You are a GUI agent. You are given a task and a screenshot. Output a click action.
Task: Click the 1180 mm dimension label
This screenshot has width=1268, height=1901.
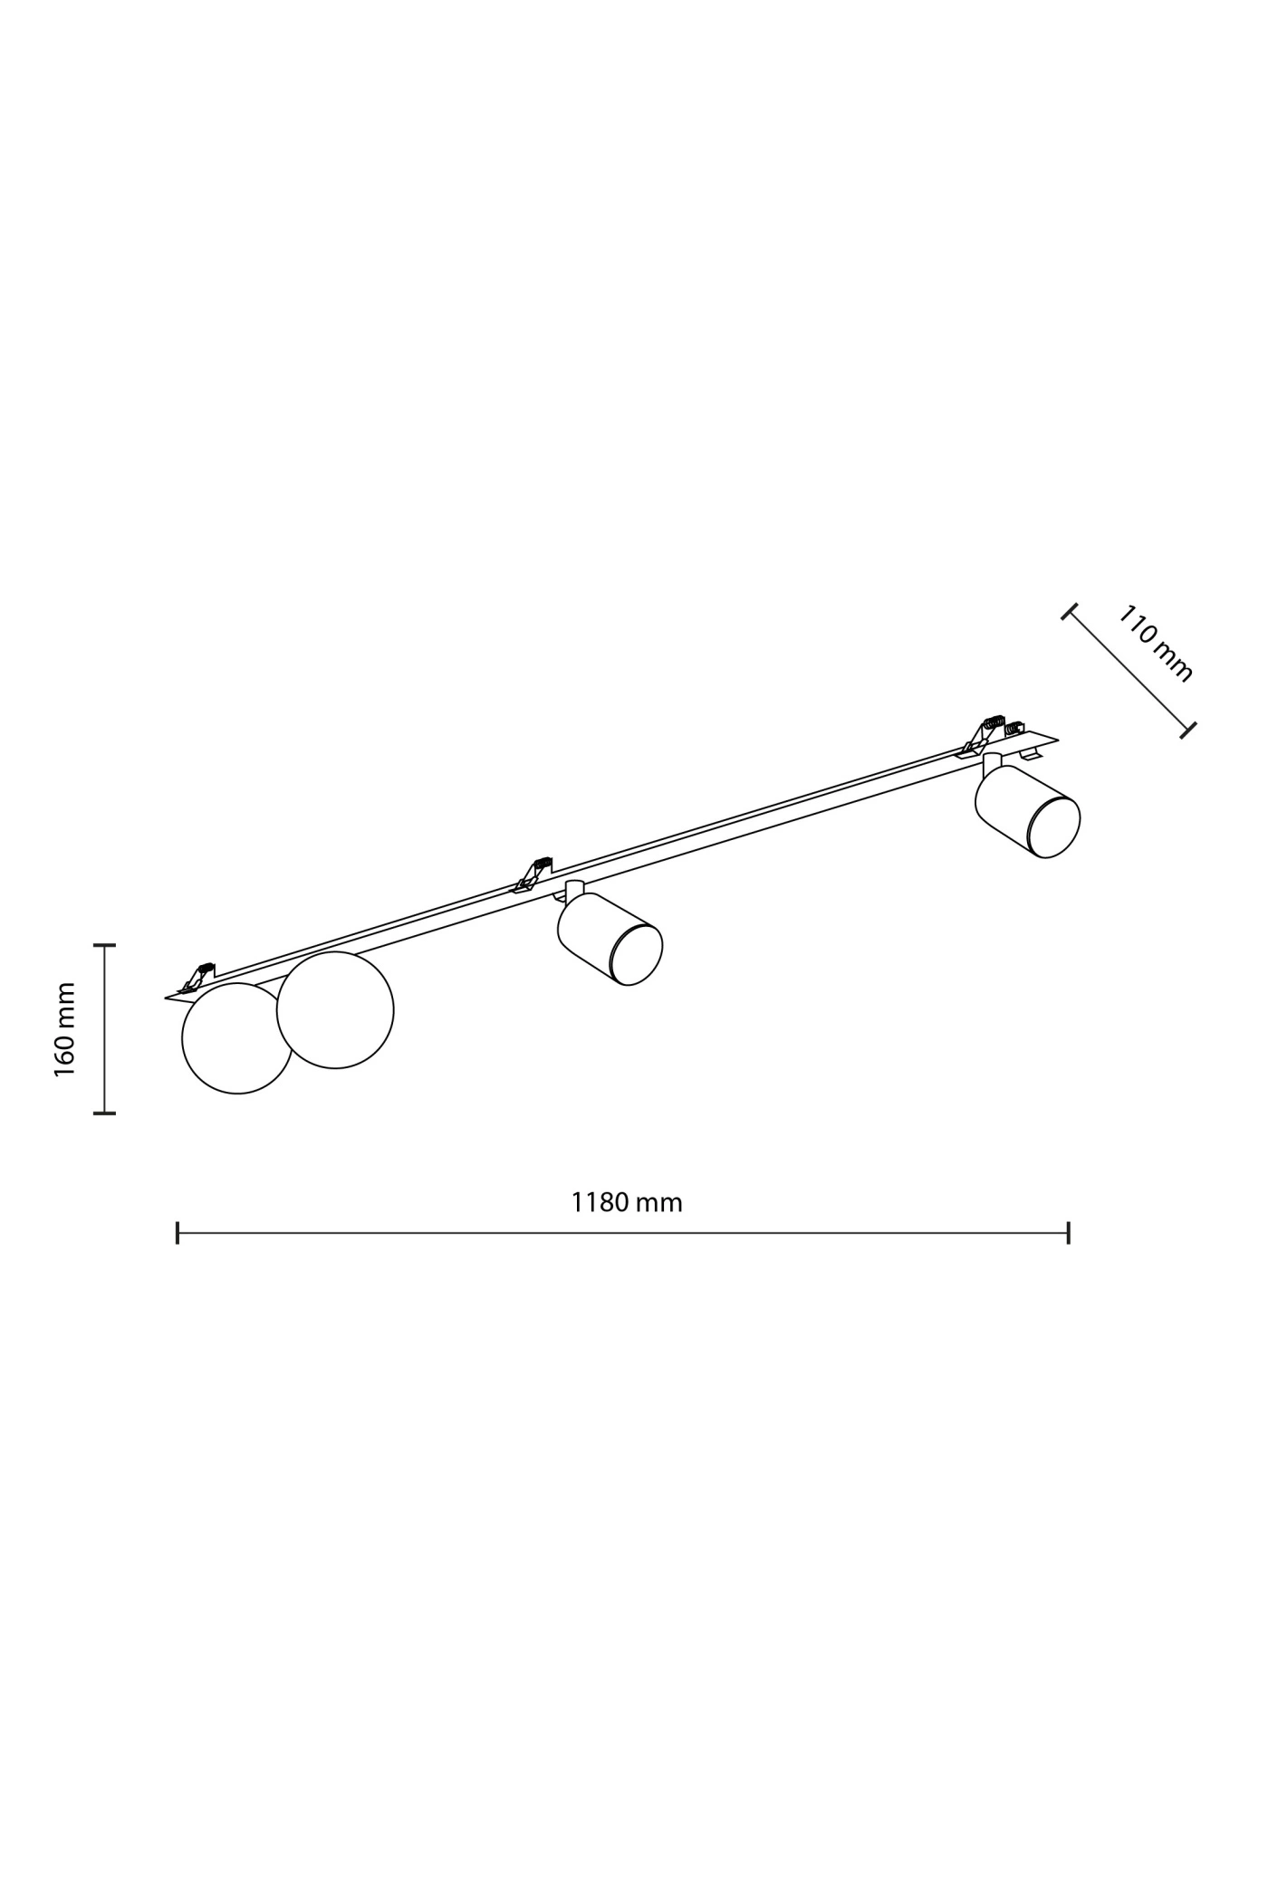pyautogui.click(x=626, y=1202)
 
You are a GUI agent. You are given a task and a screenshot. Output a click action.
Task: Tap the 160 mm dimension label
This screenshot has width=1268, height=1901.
pyautogui.click(x=64, y=1029)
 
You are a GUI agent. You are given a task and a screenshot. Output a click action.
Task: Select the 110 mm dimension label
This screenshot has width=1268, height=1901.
pyautogui.click(x=1155, y=643)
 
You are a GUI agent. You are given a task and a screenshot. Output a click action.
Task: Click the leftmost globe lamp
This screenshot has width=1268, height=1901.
pyautogui.click(x=237, y=1038)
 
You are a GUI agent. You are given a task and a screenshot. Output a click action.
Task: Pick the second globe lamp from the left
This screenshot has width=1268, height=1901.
pyautogui.click(x=335, y=1010)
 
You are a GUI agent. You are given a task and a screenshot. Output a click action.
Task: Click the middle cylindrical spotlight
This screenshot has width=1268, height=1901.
pyautogui.click(x=610, y=939)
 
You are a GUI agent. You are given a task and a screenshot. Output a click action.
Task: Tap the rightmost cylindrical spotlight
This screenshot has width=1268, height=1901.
pyautogui.click(x=1027, y=811)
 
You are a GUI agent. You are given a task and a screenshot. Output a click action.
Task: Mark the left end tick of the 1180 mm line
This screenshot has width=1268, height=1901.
pyautogui.click(x=178, y=1232)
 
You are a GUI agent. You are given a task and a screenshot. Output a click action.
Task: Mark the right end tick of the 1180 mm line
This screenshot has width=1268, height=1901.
pyautogui.click(x=1069, y=1232)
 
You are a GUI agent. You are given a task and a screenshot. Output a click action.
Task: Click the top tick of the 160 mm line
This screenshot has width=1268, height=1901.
pyautogui.click(x=105, y=945)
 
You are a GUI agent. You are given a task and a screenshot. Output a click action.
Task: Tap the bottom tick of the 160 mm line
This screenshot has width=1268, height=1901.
pyautogui.click(x=105, y=1113)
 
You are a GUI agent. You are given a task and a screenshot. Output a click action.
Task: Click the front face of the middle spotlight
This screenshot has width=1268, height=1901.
pyautogui.click(x=638, y=954)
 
